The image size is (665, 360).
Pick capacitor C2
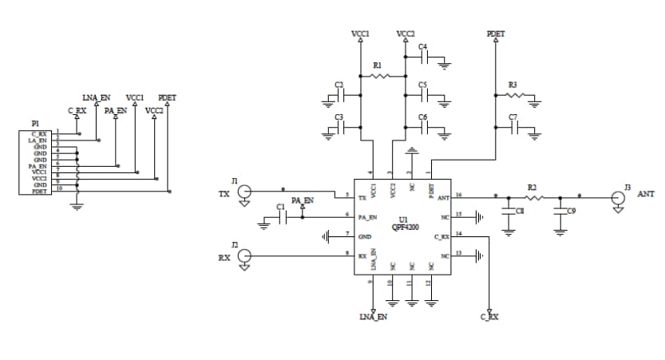pos(341,96)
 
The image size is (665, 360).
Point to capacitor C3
pos(341,129)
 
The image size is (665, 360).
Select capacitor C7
pos(513,129)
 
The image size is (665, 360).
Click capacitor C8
pos(509,212)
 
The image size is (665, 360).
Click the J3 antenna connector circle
pos(617,197)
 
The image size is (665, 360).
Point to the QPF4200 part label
pos(405,227)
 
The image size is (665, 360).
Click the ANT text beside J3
pos(646,194)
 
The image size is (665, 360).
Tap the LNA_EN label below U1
pos(373,317)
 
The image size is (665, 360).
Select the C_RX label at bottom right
pos(489,317)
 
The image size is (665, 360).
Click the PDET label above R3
pos(495,34)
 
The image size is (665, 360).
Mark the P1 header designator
pos(35,123)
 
